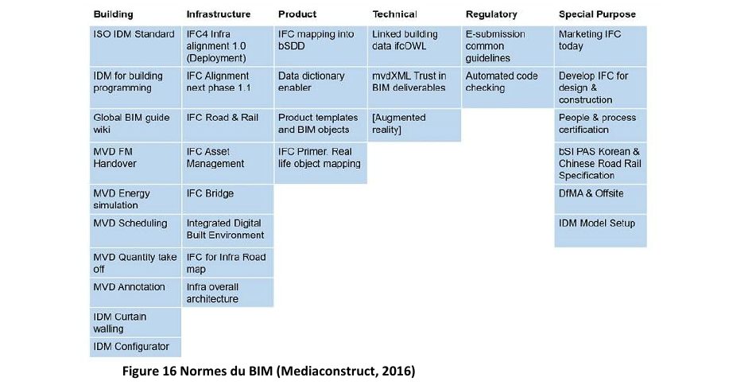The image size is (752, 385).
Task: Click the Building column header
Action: click(x=113, y=14)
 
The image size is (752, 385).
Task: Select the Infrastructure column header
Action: click(x=219, y=14)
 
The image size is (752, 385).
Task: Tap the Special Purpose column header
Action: click(x=597, y=14)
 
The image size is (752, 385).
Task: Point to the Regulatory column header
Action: click(x=491, y=14)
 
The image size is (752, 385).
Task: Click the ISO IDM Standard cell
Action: click(x=136, y=46)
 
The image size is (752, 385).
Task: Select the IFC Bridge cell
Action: click(x=228, y=199)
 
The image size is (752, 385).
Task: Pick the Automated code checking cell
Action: click(x=507, y=87)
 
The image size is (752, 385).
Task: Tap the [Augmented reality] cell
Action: click(x=414, y=125)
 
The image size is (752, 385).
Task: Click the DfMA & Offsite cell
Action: click(x=600, y=199)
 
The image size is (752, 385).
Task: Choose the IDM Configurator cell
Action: click(x=136, y=348)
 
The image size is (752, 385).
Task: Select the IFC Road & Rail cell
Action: click(x=228, y=125)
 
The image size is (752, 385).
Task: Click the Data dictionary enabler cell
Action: click(x=321, y=87)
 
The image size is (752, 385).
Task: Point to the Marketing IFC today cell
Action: click(x=600, y=46)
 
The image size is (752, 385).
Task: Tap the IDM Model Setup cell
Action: click(x=600, y=231)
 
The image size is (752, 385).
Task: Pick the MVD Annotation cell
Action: click(x=136, y=293)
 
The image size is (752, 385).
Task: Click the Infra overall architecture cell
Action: click(x=228, y=293)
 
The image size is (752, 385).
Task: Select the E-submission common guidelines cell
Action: click(x=507, y=46)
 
